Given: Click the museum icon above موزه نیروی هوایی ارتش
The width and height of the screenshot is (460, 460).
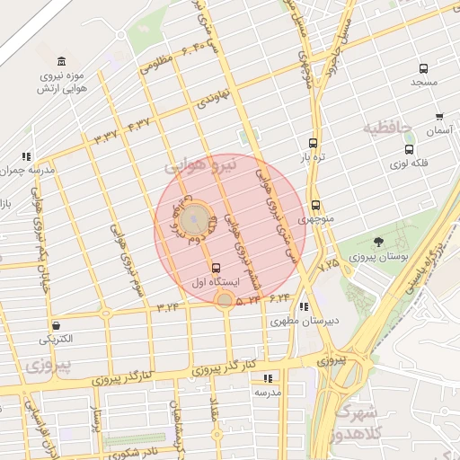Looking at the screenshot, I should (61, 62).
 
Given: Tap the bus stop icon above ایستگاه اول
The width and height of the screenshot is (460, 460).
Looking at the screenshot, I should (216, 267).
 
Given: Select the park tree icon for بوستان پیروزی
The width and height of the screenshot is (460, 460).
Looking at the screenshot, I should (378, 241).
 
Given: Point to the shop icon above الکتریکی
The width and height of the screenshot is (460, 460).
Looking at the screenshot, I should (57, 325).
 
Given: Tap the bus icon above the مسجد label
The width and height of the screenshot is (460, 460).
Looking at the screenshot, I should (423, 68).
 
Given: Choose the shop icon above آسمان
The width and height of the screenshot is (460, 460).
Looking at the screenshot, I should (439, 116).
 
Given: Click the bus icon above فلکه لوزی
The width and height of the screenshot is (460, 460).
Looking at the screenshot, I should (410, 150).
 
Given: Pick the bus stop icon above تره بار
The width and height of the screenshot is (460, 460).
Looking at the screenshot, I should (313, 142).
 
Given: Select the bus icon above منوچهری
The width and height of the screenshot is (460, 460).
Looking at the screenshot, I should (315, 205).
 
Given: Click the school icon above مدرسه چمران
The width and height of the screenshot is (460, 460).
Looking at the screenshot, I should (27, 155).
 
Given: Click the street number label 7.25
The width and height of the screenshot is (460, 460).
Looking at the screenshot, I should (329, 264).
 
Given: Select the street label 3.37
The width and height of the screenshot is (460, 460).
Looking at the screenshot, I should (105, 137).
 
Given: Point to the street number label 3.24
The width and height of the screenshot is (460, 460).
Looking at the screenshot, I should (168, 306).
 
